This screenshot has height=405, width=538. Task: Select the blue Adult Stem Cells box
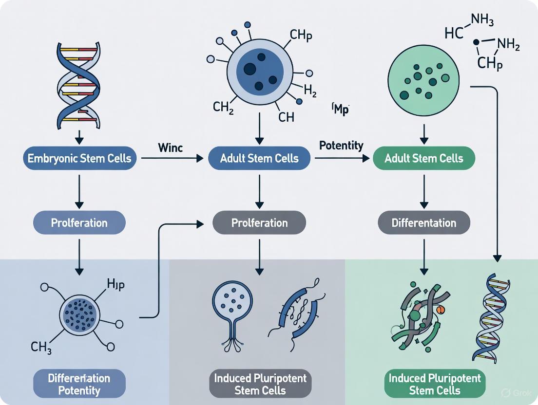pos(259,158)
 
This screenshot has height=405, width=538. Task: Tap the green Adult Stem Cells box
pos(423,158)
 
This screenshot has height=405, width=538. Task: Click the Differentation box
pos(423,223)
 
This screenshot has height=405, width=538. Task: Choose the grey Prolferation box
pos(259,223)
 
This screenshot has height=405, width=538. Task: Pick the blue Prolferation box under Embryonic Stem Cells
pos(79,223)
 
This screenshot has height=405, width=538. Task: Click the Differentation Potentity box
pos(79,384)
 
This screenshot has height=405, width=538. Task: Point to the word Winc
pos(171,147)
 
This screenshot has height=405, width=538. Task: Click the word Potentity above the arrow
pos(341,146)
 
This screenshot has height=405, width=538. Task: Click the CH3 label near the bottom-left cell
pos(41,348)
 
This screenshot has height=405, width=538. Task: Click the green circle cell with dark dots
pos(423,81)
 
